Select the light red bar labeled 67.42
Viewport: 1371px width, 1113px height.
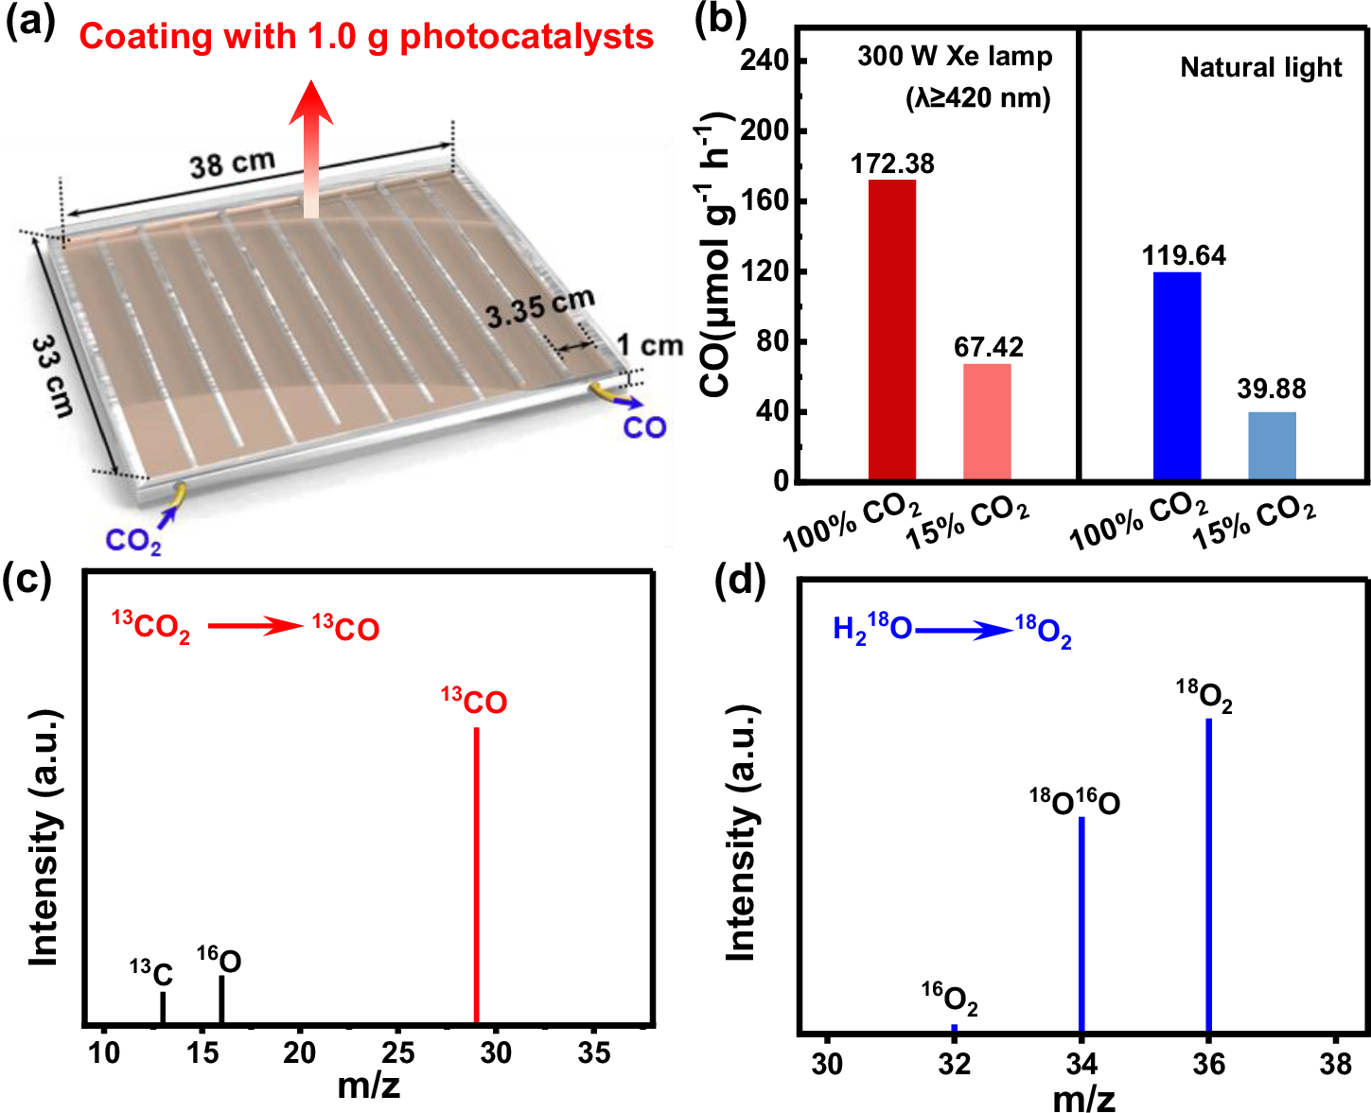(987, 422)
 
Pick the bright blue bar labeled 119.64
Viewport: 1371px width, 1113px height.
(1176, 375)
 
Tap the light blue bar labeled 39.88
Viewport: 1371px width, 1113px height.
(1272, 445)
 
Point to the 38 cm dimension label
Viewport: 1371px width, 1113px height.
(232, 164)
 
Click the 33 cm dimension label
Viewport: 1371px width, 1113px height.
(52, 376)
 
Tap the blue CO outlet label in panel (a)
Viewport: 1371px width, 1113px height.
(644, 427)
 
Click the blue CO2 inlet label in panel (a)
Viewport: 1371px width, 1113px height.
(132, 541)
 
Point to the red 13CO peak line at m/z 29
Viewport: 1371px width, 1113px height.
(476, 875)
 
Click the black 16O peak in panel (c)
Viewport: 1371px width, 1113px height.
(221, 999)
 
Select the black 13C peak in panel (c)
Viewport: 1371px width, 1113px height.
(163, 1006)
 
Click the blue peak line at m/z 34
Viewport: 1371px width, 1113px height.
(1081, 923)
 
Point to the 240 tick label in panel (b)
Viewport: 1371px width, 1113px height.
(764, 61)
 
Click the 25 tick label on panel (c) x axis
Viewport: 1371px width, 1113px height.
(397, 1052)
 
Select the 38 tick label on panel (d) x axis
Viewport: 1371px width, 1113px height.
(1335, 1064)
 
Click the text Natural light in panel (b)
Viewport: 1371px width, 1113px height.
(1260, 67)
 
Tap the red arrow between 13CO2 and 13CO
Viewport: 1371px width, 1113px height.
(254, 626)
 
